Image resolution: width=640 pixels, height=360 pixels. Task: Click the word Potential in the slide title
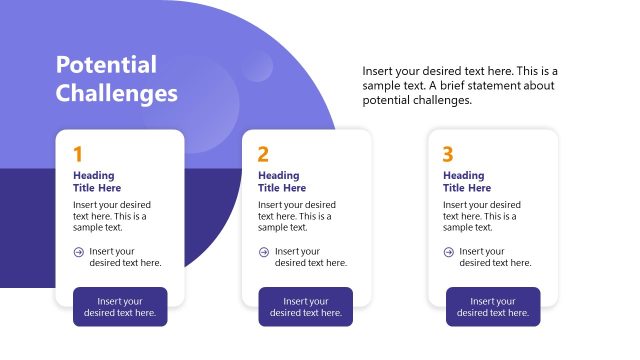(106, 65)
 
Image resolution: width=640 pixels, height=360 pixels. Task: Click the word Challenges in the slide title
(116, 94)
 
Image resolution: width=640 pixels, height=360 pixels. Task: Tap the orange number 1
(77, 154)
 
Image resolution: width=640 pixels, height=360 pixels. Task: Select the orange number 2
(263, 154)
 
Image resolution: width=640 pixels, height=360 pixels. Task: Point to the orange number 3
(448, 154)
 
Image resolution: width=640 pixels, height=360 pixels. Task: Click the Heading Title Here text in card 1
(97, 181)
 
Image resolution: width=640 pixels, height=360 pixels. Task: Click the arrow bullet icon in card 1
(79, 252)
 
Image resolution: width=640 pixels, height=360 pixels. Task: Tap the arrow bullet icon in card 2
(264, 252)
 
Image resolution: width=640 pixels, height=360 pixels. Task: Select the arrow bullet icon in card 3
(449, 252)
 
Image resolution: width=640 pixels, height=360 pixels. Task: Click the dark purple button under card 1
(120, 307)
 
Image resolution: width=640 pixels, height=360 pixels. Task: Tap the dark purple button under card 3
(493, 307)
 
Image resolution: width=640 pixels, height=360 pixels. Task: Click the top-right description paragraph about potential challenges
(459, 85)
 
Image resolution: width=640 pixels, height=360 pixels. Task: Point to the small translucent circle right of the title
(257, 66)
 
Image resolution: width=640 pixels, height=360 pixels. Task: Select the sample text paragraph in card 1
(111, 216)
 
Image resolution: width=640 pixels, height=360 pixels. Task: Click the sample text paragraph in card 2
(296, 216)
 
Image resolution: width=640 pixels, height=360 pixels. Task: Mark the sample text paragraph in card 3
(481, 216)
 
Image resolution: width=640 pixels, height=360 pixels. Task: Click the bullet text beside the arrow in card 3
(495, 257)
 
